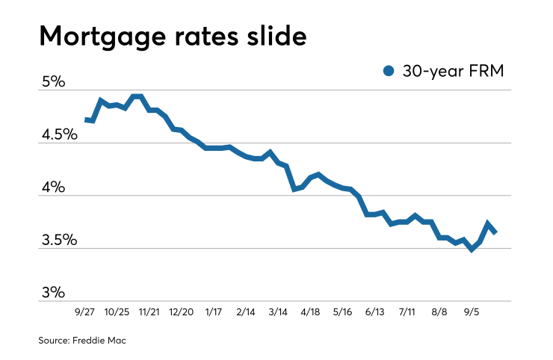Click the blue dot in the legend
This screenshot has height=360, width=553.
[x=388, y=71]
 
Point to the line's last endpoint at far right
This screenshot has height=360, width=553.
[x=495, y=232]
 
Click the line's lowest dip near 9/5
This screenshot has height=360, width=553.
[x=472, y=249]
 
